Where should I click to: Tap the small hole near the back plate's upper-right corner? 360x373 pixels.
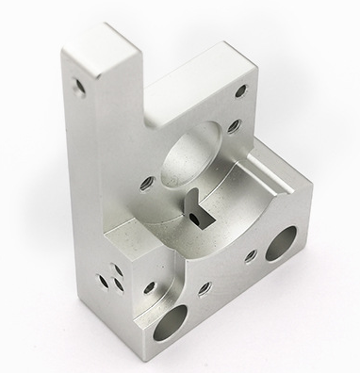click(x=238, y=90)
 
